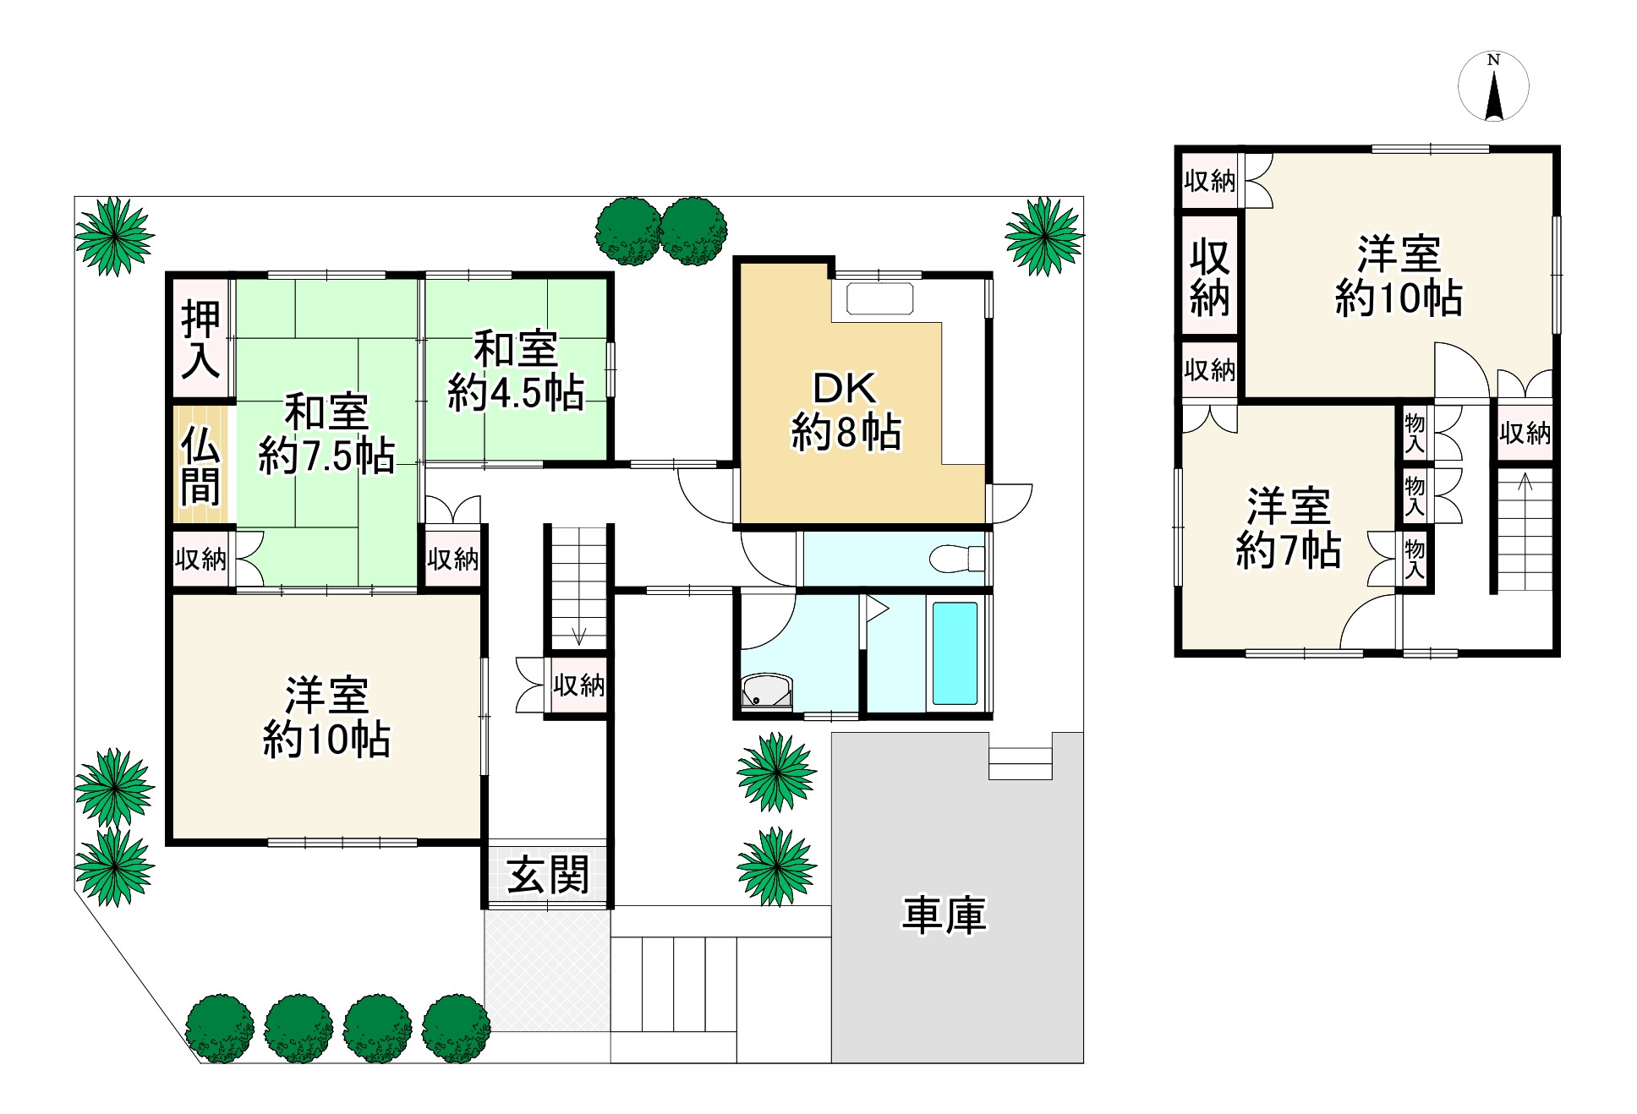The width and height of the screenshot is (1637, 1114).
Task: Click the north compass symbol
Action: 1493,86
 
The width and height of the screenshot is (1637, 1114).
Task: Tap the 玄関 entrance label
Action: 548,875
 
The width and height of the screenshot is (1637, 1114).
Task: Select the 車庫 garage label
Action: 944,915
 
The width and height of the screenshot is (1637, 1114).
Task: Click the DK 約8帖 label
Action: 846,411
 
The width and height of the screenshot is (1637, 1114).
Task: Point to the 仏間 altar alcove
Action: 200,465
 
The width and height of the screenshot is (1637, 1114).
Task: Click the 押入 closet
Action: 201,340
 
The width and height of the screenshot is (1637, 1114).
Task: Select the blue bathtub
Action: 955,653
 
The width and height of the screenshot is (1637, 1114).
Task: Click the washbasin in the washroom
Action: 766,690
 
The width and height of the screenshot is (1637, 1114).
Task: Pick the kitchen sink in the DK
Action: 879,299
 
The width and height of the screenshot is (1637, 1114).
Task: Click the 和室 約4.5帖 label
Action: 516,371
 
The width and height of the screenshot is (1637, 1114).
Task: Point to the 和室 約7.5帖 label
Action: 326,434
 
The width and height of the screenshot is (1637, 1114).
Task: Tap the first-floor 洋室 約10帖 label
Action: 326,718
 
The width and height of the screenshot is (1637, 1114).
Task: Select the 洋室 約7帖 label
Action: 1288,527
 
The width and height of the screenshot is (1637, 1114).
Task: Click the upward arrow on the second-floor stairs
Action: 1525,483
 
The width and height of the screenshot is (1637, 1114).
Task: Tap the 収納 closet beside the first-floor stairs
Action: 579,685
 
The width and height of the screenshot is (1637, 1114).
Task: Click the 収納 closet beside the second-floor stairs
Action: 1525,433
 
